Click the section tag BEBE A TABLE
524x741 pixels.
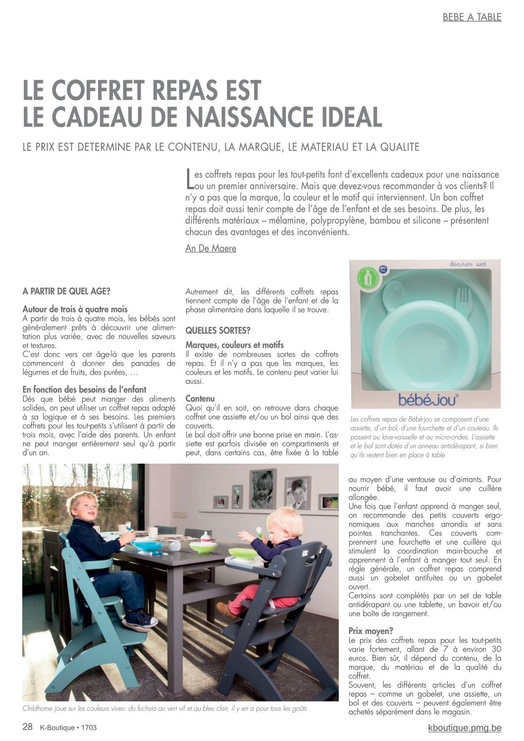click(472, 17)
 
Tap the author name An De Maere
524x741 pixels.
click(210, 249)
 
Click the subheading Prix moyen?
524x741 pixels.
click(371, 631)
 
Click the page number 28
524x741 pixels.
click(28, 727)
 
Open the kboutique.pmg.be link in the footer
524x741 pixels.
click(465, 728)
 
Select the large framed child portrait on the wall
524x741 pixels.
click(263, 488)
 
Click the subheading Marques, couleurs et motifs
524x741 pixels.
click(234, 345)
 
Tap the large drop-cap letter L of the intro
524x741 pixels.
click(189, 179)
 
